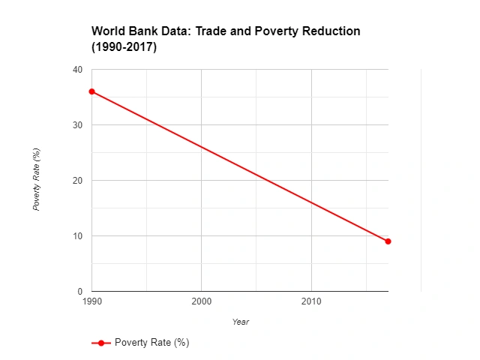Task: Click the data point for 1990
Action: coord(91,91)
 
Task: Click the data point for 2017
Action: coord(388,241)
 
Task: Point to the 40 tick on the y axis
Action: coord(77,70)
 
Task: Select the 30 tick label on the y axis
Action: coord(77,125)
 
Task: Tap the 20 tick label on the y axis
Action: coord(77,181)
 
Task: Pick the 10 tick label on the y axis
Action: coord(77,236)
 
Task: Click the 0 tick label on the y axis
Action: coord(79,292)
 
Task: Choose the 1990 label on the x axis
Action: coord(91,301)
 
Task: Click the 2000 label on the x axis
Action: coord(201,301)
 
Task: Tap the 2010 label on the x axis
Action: coord(311,301)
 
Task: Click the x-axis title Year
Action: coord(240,322)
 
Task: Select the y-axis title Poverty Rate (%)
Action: coord(36,179)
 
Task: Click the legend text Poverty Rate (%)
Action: coord(151,343)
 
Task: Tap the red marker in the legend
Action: coord(101,343)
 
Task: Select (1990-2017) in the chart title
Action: coord(124,46)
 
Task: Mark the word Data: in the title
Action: coord(175,31)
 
